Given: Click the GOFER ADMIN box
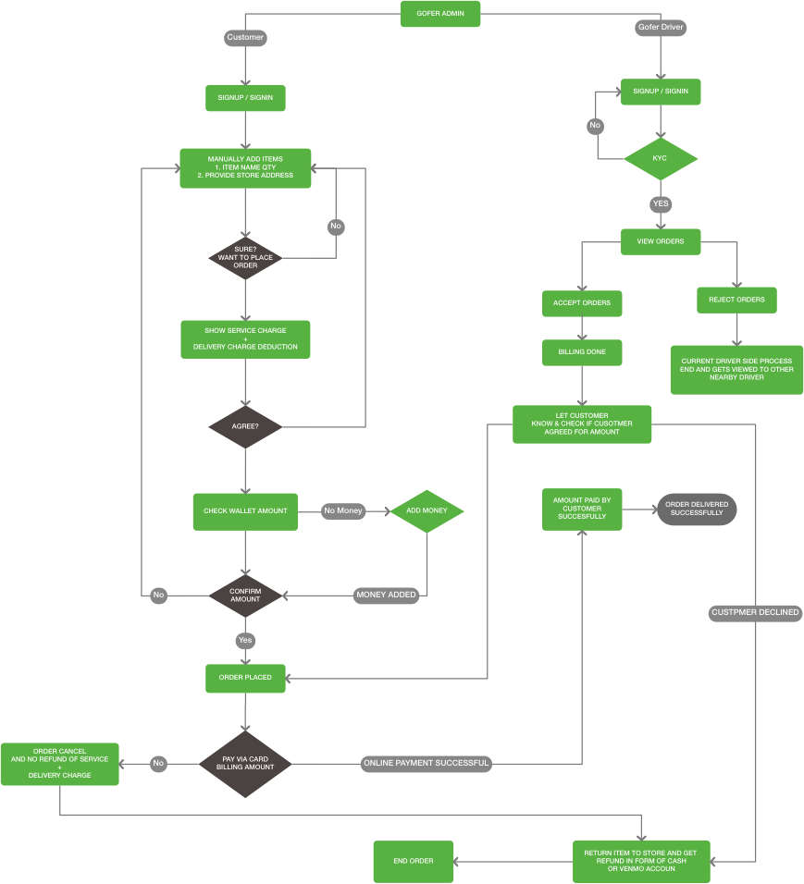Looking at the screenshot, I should point(440,14).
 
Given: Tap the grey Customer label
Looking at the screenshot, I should point(245,38).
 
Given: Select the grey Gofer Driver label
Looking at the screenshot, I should point(662,28).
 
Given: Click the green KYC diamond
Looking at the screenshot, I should point(660,159).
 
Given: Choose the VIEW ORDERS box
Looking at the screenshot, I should point(661,241).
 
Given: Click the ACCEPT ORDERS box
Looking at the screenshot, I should point(582,303).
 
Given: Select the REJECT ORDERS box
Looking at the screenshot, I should point(736,300).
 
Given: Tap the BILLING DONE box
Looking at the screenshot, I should point(582,352).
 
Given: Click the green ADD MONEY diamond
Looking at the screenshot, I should point(426,510).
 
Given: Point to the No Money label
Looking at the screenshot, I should point(343,510).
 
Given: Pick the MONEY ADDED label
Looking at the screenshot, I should point(386,595).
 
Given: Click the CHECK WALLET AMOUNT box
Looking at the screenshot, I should point(245,510).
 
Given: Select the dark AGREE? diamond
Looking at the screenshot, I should point(245,427).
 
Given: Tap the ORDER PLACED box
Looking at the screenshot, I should point(245,678).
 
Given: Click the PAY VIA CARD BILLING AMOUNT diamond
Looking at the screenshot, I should point(245,763).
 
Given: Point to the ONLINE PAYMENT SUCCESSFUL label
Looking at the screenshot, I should point(426,764).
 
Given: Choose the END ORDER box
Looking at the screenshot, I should point(413,861).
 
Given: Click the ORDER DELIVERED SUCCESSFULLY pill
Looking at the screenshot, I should point(697,509).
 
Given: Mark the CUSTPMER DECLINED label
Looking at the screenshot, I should point(755,613).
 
